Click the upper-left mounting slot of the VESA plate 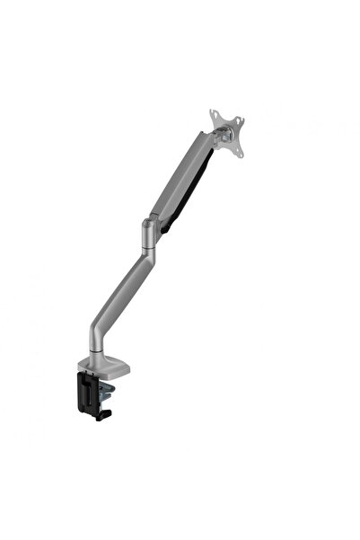click(213, 113)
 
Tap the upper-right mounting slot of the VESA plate click(240, 113)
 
